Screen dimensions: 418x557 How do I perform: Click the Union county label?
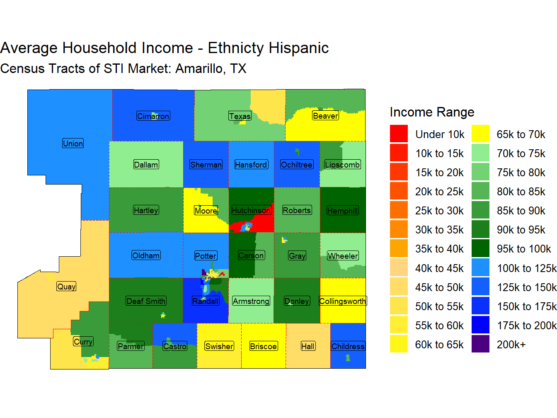pyautogui.click(x=73, y=143)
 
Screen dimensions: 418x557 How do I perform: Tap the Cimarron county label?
pyautogui.click(x=153, y=116)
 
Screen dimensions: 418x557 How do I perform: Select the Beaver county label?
pyautogui.click(x=325, y=116)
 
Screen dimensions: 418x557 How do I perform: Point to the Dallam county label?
pyautogui.click(x=146, y=165)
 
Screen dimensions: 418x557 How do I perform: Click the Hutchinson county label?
pyautogui.click(x=251, y=210)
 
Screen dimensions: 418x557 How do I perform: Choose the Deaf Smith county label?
pyautogui.click(x=146, y=301)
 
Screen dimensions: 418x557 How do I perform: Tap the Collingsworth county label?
pyautogui.click(x=343, y=301)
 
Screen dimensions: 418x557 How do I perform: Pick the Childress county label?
pyautogui.click(x=348, y=346)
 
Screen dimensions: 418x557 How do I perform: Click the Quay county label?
pyautogui.click(x=66, y=287)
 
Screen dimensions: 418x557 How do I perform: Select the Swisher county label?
pyautogui.click(x=219, y=346)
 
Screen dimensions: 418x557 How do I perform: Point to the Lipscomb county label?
pyautogui.click(x=342, y=165)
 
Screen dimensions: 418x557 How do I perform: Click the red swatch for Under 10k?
pyautogui.click(x=399, y=134)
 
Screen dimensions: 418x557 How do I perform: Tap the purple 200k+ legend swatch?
pyautogui.click(x=480, y=344)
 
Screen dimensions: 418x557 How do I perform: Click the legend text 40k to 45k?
pyautogui.click(x=439, y=268)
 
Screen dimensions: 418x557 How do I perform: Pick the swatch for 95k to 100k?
pyautogui.click(x=480, y=248)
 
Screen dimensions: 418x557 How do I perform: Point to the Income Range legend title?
pyautogui.click(x=432, y=112)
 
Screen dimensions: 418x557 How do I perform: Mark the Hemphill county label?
pyautogui.click(x=342, y=211)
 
